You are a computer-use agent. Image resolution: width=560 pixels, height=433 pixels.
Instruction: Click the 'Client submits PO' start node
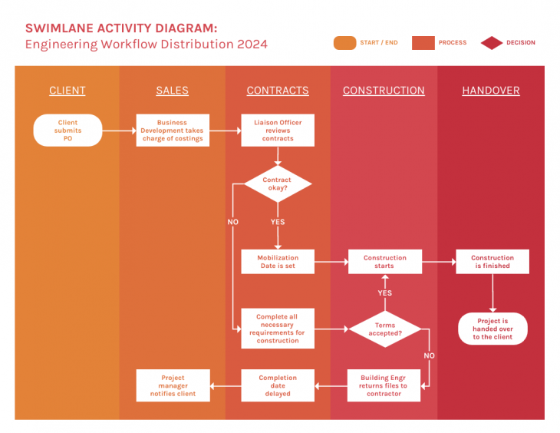pos(68,131)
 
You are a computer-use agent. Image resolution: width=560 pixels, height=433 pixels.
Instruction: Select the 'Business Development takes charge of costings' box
pos(173,131)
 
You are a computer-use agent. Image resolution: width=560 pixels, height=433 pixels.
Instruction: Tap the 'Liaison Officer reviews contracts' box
pos(278,131)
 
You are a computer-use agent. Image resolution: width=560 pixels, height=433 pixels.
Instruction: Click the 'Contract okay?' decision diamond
pos(278,184)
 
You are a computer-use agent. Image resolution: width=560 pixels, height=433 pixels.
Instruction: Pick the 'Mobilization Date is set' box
pos(278,262)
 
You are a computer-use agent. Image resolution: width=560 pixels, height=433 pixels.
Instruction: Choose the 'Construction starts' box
pos(384,262)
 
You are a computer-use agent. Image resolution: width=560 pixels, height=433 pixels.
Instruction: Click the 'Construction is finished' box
pos(492,262)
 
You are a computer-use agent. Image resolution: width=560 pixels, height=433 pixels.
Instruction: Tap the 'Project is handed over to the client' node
pos(492,329)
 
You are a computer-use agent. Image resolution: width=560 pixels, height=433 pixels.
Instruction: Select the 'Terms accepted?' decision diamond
pos(385,329)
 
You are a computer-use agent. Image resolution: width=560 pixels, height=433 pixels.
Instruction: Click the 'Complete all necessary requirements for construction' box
pos(278,329)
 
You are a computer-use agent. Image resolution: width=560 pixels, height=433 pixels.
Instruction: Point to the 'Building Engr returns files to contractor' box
pos(384,385)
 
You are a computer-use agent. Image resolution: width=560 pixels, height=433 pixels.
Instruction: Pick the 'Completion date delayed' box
pos(278,385)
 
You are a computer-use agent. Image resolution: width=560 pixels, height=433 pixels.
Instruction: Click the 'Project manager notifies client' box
pos(173,385)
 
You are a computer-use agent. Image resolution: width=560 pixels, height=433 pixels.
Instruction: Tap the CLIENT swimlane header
pos(68,91)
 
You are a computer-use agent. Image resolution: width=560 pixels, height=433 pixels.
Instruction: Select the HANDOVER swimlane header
pos(491,91)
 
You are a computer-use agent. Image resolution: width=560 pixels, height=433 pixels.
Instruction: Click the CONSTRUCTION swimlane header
pos(384,91)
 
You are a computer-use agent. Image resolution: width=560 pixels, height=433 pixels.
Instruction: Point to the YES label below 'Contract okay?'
pos(278,222)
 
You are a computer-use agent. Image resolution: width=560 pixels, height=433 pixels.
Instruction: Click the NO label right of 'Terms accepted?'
pos(429,355)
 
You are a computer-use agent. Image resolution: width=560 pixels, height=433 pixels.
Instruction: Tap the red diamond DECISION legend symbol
pos(492,43)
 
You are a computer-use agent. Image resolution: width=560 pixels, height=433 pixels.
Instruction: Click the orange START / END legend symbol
pos(344,43)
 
